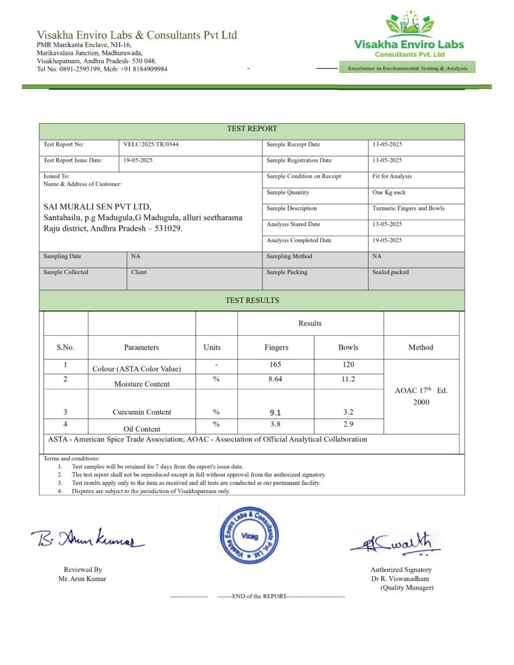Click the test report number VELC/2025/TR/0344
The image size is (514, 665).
tap(151, 145)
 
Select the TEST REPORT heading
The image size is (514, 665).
tap(252, 128)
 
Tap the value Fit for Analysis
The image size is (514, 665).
tap(392, 177)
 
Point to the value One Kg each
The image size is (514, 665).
tap(389, 193)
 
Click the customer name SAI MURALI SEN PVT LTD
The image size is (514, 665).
tap(98, 206)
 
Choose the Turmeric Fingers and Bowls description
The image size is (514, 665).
tap(408, 209)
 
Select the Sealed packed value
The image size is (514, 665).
tap(391, 272)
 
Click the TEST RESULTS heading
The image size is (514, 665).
tap(252, 300)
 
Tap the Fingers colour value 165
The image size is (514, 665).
tap(276, 365)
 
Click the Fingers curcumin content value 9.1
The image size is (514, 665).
tap(276, 413)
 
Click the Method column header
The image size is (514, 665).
tap(421, 347)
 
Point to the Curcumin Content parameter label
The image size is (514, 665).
tap(141, 412)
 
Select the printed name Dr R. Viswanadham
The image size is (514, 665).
tap(400, 579)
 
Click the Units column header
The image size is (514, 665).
tap(212, 347)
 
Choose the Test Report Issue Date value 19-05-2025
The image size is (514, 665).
tap(139, 161)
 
